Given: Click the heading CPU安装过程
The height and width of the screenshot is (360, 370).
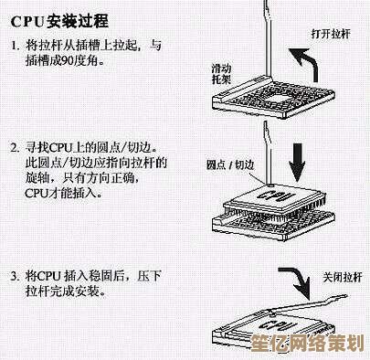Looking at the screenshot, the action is click(59, 22).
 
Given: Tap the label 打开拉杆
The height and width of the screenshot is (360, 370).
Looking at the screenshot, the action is click(331, 33).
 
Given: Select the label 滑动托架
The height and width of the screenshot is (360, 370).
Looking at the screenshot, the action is click(221, 74).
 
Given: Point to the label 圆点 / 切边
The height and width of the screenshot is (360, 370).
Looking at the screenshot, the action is click(230, 164).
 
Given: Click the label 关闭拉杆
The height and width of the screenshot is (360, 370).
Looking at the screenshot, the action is click(343, 278).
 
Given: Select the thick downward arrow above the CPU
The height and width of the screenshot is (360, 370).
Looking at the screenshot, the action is click(297, 163).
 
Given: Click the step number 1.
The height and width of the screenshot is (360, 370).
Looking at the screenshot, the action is click(15, 46).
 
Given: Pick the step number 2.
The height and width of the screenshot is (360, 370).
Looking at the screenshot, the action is click(15, 148).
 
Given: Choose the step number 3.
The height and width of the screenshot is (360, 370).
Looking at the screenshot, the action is click(15, 277).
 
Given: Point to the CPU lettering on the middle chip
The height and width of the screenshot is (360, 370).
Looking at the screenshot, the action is click(276, 196).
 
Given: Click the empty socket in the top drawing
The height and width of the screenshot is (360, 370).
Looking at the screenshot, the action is click(273, 98).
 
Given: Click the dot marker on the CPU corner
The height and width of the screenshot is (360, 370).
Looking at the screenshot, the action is click(270, 185).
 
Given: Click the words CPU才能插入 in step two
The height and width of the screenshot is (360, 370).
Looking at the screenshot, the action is click(63, 194).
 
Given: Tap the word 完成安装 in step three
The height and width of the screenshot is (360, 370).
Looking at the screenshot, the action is click(80, 291).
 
